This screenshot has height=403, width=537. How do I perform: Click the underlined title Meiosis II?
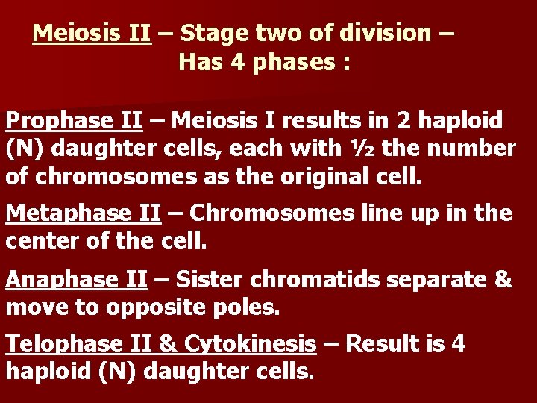92,34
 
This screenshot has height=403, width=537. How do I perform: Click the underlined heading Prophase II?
69,120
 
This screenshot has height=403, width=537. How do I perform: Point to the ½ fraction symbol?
358,149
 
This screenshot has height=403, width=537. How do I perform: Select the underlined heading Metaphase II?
83,213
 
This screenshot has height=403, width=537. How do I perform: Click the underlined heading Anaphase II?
76,279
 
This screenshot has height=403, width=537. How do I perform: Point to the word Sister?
210,279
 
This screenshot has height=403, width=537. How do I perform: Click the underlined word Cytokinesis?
250,344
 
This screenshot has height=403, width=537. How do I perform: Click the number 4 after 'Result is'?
457,344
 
